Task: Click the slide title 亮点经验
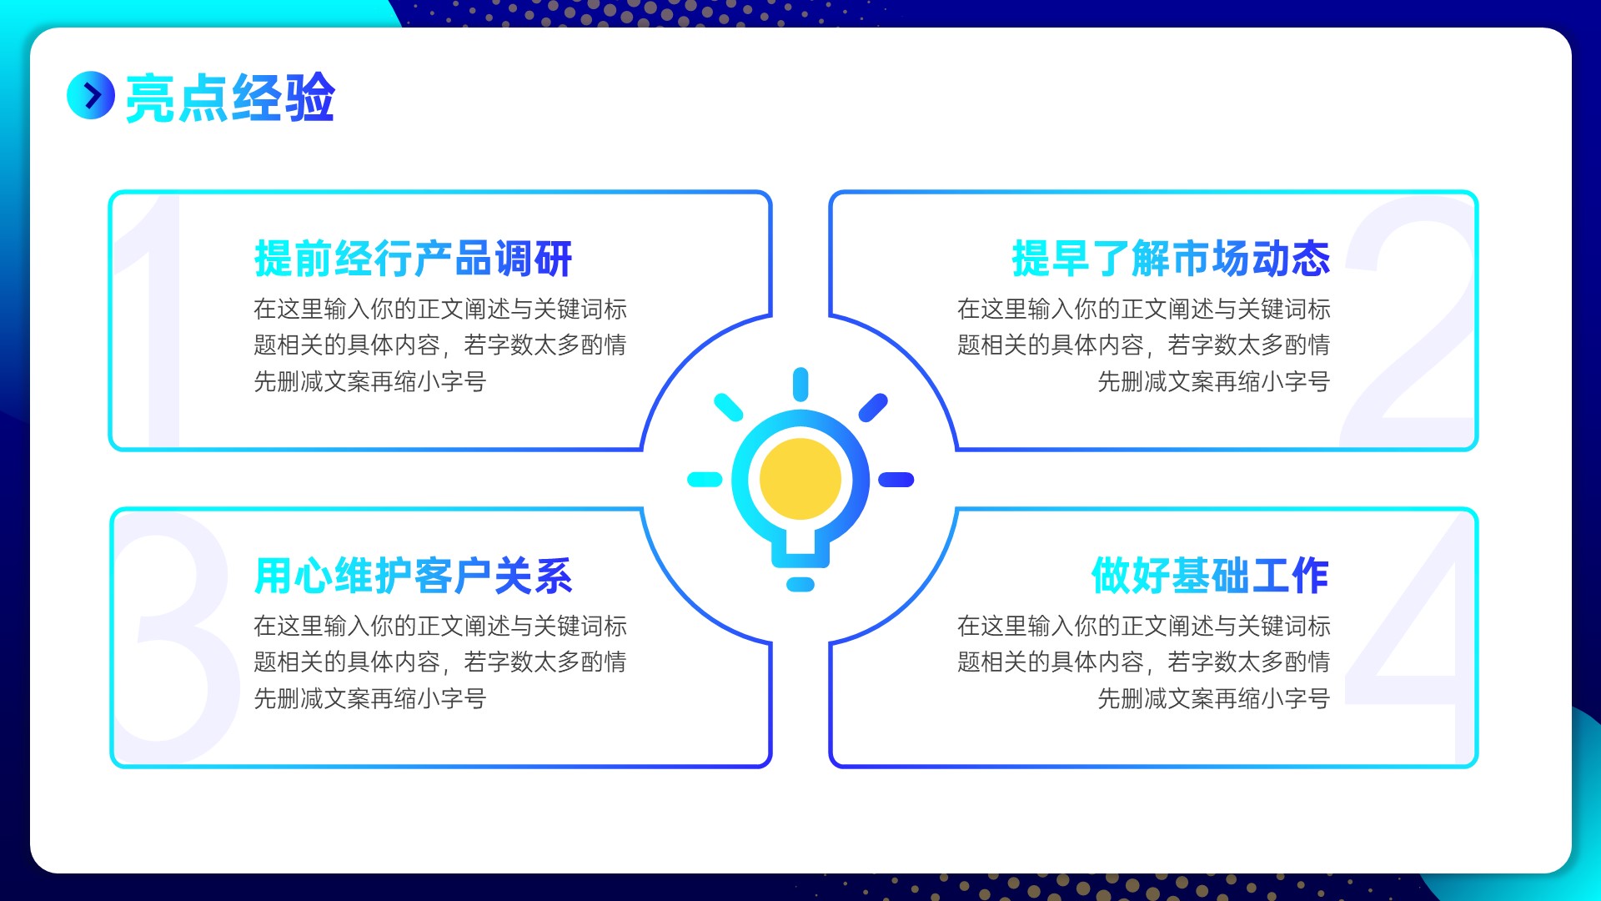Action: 230,98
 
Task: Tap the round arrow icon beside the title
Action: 91,95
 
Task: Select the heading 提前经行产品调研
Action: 413,259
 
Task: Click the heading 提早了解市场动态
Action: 1171,259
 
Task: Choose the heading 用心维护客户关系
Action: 413,576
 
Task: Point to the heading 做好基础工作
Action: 1210,576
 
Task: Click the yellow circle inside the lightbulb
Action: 800,479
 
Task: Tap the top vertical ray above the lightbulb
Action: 800,384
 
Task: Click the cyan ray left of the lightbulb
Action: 705,480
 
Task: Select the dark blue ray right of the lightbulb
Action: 896,480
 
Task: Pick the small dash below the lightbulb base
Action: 800,584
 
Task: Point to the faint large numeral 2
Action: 1409,321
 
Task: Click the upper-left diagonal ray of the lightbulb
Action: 729,407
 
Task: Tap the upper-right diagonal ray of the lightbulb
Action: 873,407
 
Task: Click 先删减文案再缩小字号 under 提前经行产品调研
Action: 370,381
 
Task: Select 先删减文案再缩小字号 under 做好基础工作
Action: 1214,698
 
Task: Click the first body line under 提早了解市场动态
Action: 1144,309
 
